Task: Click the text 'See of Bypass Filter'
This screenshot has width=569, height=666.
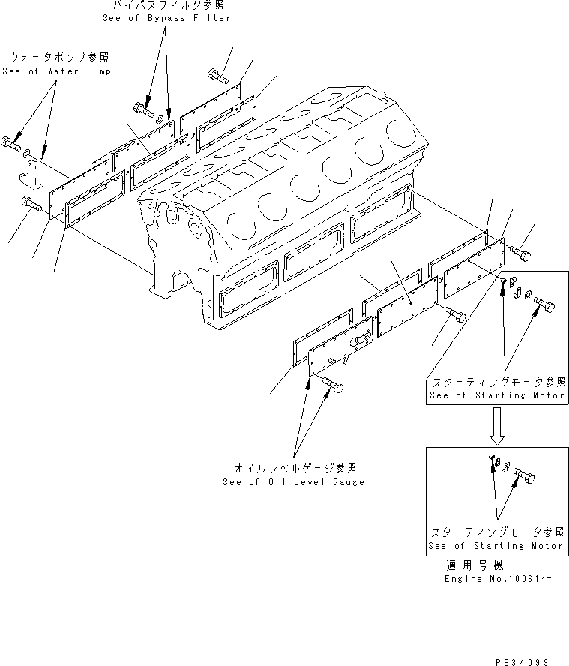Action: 166,18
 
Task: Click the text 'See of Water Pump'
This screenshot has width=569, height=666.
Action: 57,71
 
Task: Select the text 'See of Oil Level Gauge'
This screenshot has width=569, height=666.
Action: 293,482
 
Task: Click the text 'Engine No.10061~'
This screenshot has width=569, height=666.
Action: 499,579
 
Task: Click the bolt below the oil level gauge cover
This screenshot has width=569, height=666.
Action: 333,386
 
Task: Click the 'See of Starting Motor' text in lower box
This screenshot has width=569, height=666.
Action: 495,545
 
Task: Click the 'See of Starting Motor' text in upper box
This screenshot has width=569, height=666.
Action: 495,395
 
